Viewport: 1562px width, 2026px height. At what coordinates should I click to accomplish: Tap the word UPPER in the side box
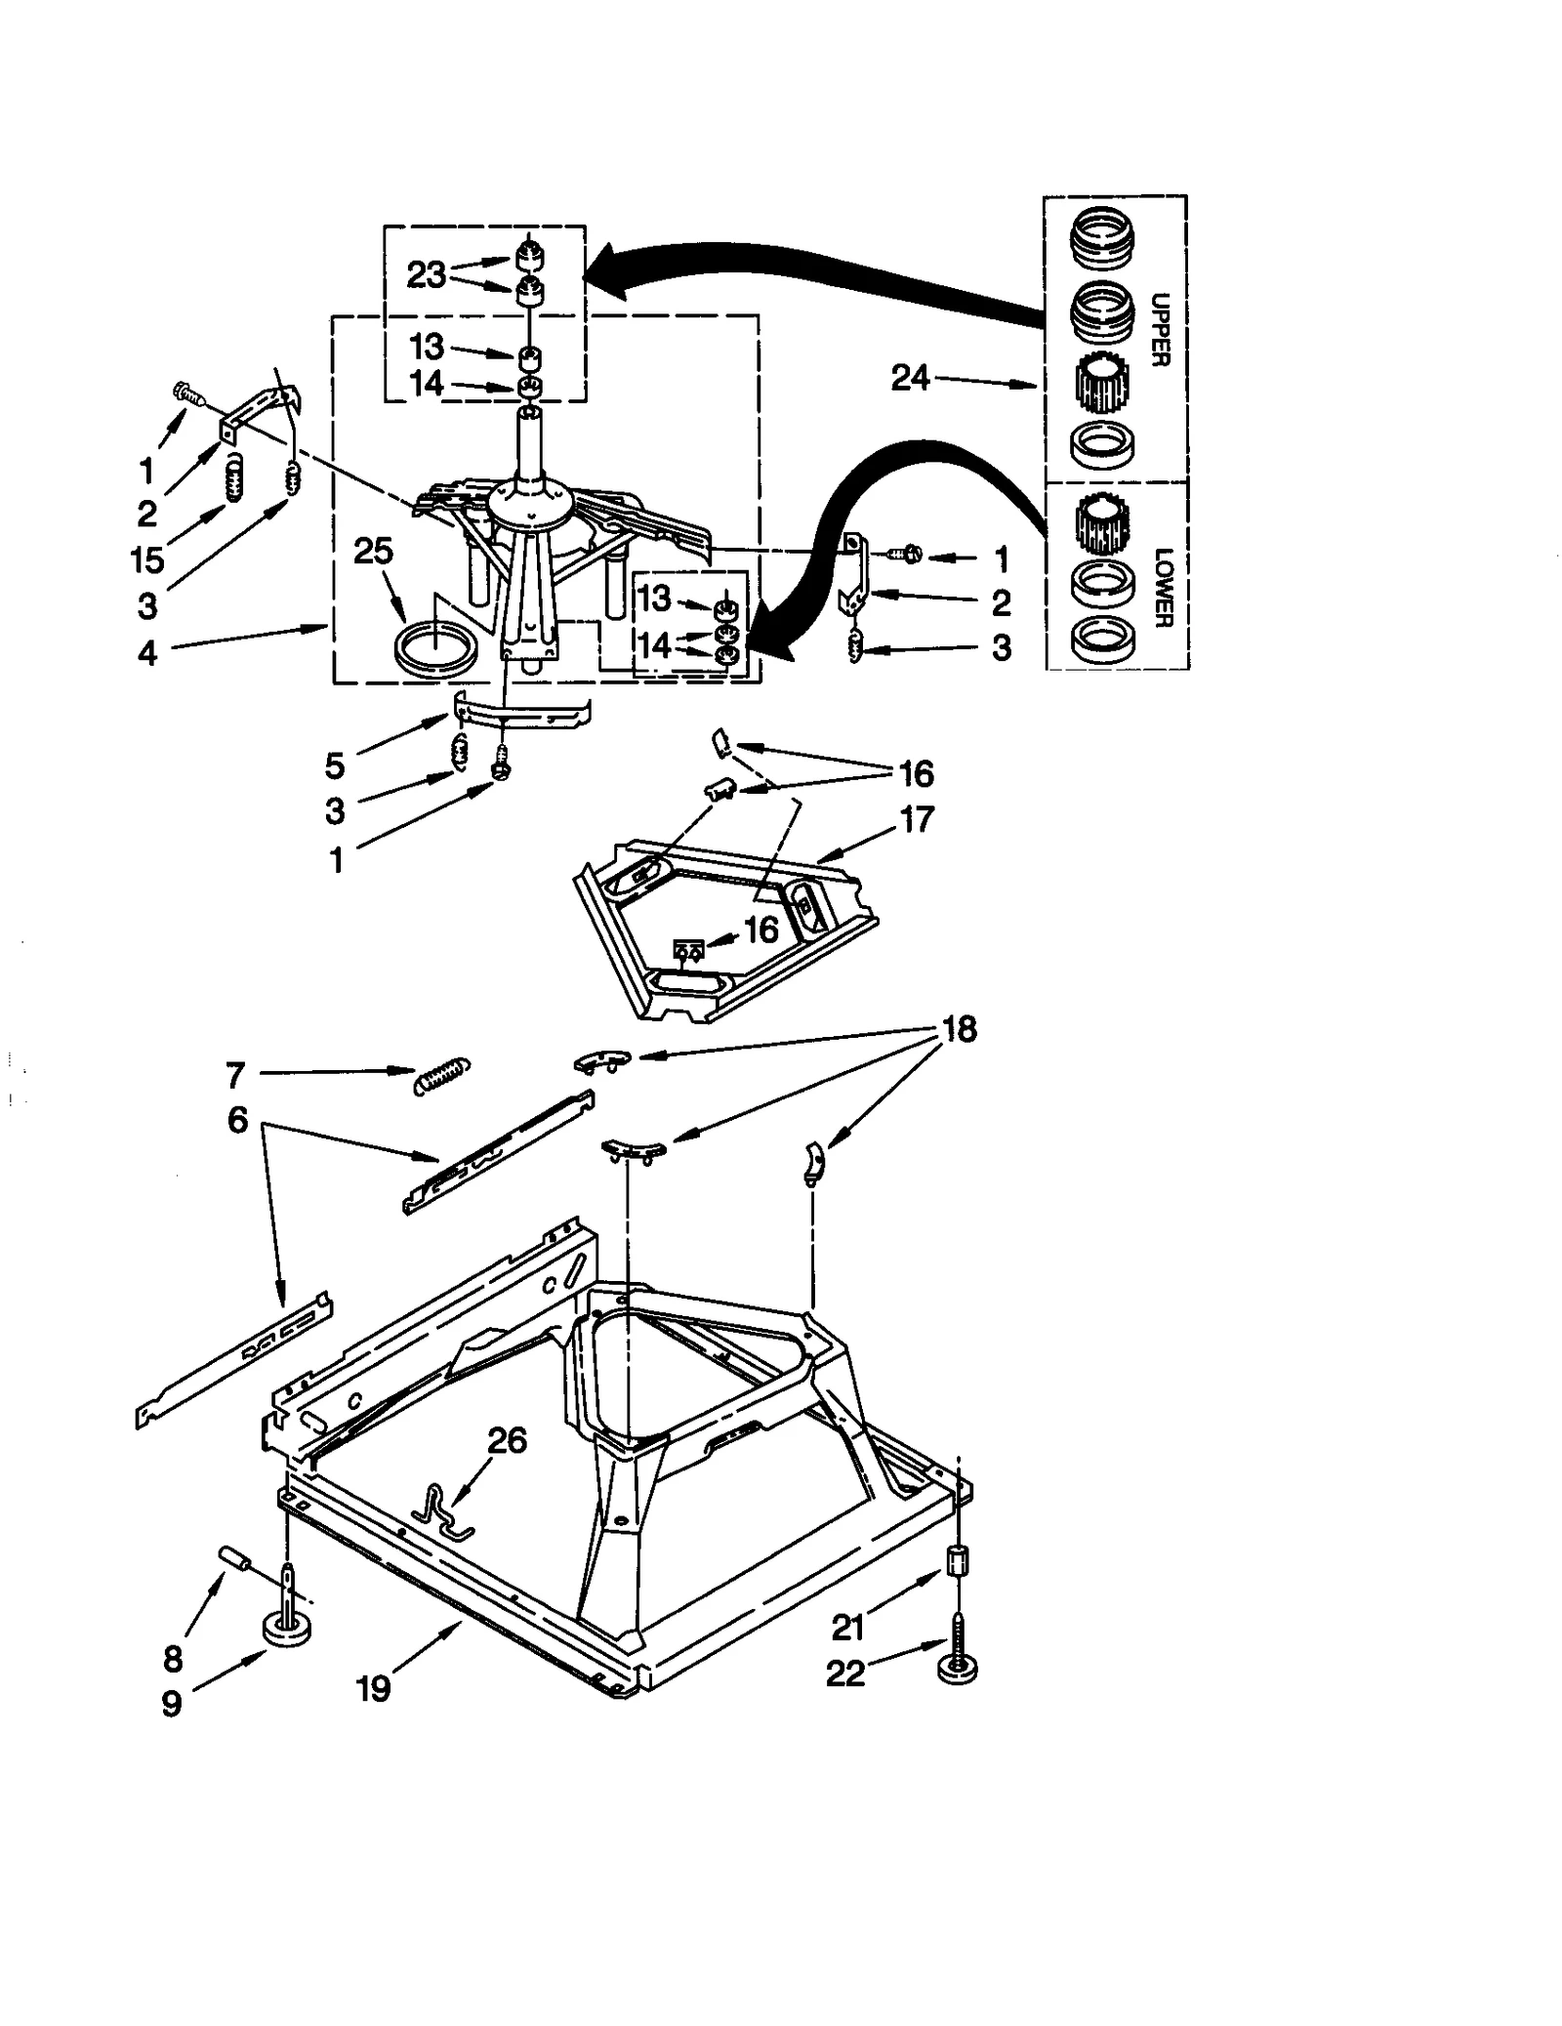[1160, 329]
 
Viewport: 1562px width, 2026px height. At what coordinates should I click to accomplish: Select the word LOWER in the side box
[1163, 587]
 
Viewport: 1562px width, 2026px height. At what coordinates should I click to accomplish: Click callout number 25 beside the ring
[373, 552]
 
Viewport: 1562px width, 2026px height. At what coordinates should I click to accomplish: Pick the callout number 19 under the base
[374, 1687]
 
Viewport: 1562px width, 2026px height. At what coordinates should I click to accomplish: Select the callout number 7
[235, 1075]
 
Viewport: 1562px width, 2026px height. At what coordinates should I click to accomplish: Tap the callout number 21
[847, 1627]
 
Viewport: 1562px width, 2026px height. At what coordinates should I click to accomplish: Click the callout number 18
[959, 1029]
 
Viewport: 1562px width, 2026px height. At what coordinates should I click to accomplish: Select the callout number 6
[237, 1120]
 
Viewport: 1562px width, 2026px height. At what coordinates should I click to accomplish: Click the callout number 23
[426, 275]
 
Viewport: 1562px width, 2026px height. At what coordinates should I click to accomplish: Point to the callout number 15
[147, 559]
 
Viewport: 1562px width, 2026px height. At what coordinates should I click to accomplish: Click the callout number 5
[335, 765]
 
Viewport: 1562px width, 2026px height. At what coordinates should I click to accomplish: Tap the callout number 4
[147, 652]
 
